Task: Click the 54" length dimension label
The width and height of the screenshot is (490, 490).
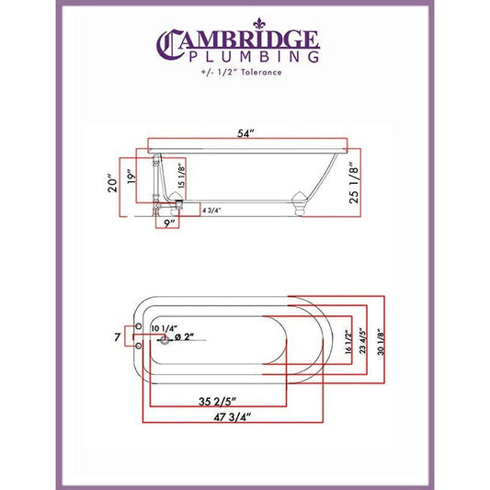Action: (245, 133)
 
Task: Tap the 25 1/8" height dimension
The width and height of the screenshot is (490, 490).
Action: (354, 183)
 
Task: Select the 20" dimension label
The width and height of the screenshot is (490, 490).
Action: (112, 183)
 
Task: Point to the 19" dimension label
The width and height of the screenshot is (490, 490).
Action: (131, 176)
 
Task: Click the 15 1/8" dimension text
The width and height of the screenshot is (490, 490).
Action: (181, 176)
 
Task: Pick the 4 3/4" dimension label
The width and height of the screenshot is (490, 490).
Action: (211, 211)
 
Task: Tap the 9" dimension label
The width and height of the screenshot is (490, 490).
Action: (169, 223)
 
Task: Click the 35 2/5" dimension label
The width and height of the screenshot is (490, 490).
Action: (217, 401)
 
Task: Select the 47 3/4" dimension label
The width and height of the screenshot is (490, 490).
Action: (233, 417)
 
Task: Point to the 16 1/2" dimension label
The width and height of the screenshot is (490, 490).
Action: (348, 342)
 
